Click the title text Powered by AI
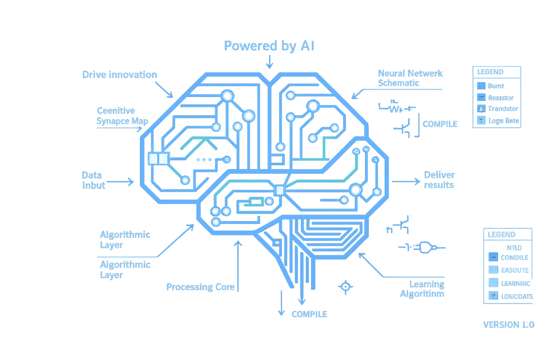click(269, 46)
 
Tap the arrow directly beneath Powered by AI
click(269, 62)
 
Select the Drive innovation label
click(120, 75)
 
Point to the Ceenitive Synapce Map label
click(122, 116)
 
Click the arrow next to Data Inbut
click(120, 182)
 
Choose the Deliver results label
click(439, 180)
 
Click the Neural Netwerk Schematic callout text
click(410, 78)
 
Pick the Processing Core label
click(200, 287)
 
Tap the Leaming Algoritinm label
click(422, 289)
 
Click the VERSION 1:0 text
click(508, 324)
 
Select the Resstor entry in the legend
click(501, 98)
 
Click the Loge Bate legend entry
click(503, 121)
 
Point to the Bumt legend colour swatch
click(481, 86)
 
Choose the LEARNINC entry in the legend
click(515, 283)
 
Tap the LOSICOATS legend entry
click(517, 296)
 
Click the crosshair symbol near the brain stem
click(346, 287)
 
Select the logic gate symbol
click(425, 247)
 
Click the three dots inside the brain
click(204, 160)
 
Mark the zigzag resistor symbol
click(395, 109)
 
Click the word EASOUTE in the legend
click(515, 270)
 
